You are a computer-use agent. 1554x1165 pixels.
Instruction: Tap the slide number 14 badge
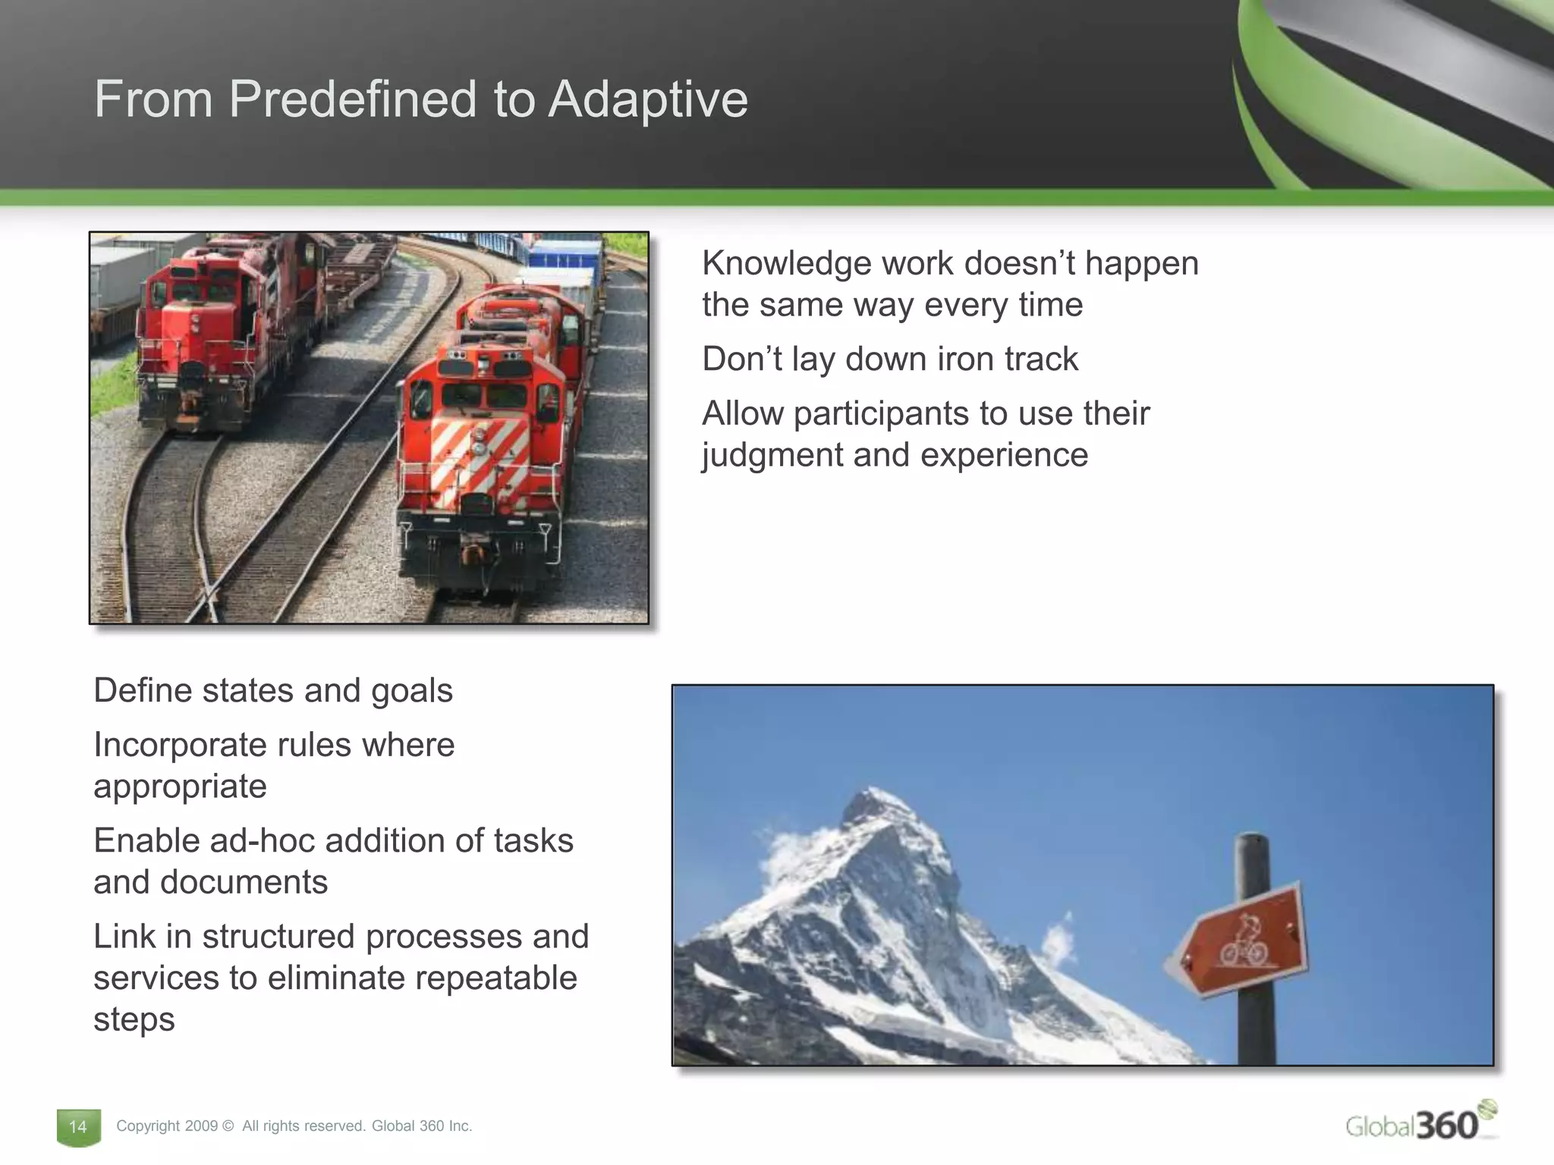(78, 1126)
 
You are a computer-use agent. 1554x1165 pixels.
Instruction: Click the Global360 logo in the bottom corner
(1419, 1123)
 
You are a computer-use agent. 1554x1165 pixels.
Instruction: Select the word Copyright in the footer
(148, 1126)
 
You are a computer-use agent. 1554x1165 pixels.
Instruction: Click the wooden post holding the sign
(1254, 1016)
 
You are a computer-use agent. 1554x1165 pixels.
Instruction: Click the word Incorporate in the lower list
(178, 745)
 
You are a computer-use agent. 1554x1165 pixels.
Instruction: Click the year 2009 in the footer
(203, 1126)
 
